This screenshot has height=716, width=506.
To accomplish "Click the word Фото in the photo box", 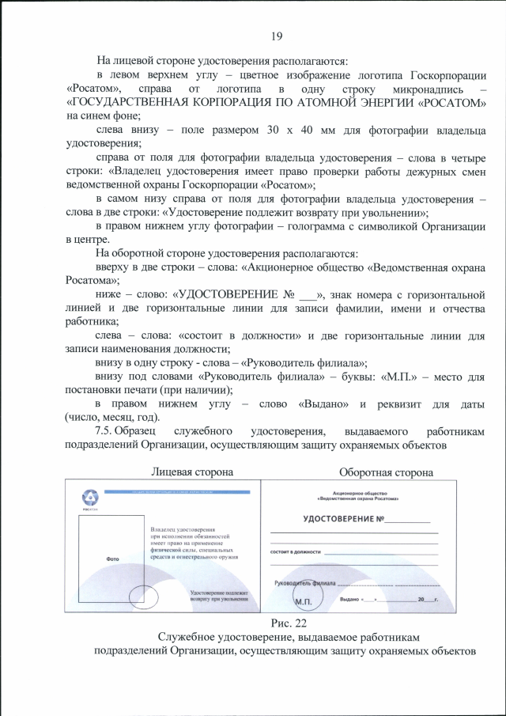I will [x=113, y=559].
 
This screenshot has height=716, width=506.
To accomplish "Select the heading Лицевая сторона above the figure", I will [x=192, y=472].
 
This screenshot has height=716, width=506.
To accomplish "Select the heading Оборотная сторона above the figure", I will [x=386, y=472].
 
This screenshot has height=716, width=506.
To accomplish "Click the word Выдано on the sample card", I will [x=349, y=600].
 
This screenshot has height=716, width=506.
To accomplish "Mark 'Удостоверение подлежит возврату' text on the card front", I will [x=220, y=592].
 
